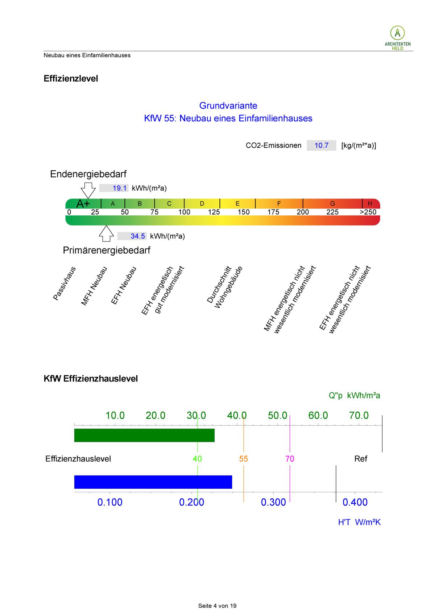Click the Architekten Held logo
point(397,37)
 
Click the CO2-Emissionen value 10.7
point(321,146)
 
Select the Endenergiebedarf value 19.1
point(119,188)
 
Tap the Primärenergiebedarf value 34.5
point(137,236)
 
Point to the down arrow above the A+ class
point(88,190)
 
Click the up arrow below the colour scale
point(106,233)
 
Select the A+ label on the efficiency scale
point(83,204)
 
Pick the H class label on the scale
point(370,204)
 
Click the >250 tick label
point(368,212)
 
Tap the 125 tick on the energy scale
point(214,212)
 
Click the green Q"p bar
point(144,435)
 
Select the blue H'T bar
point(153,482)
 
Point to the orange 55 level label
point(244,459)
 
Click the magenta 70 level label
point(290,459)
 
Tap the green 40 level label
point(197,459)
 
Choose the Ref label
point(361,459)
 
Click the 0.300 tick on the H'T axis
point(273,502)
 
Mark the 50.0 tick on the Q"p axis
point(278,416)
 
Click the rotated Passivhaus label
point(65,283)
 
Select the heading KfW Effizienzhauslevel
point(91,379)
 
